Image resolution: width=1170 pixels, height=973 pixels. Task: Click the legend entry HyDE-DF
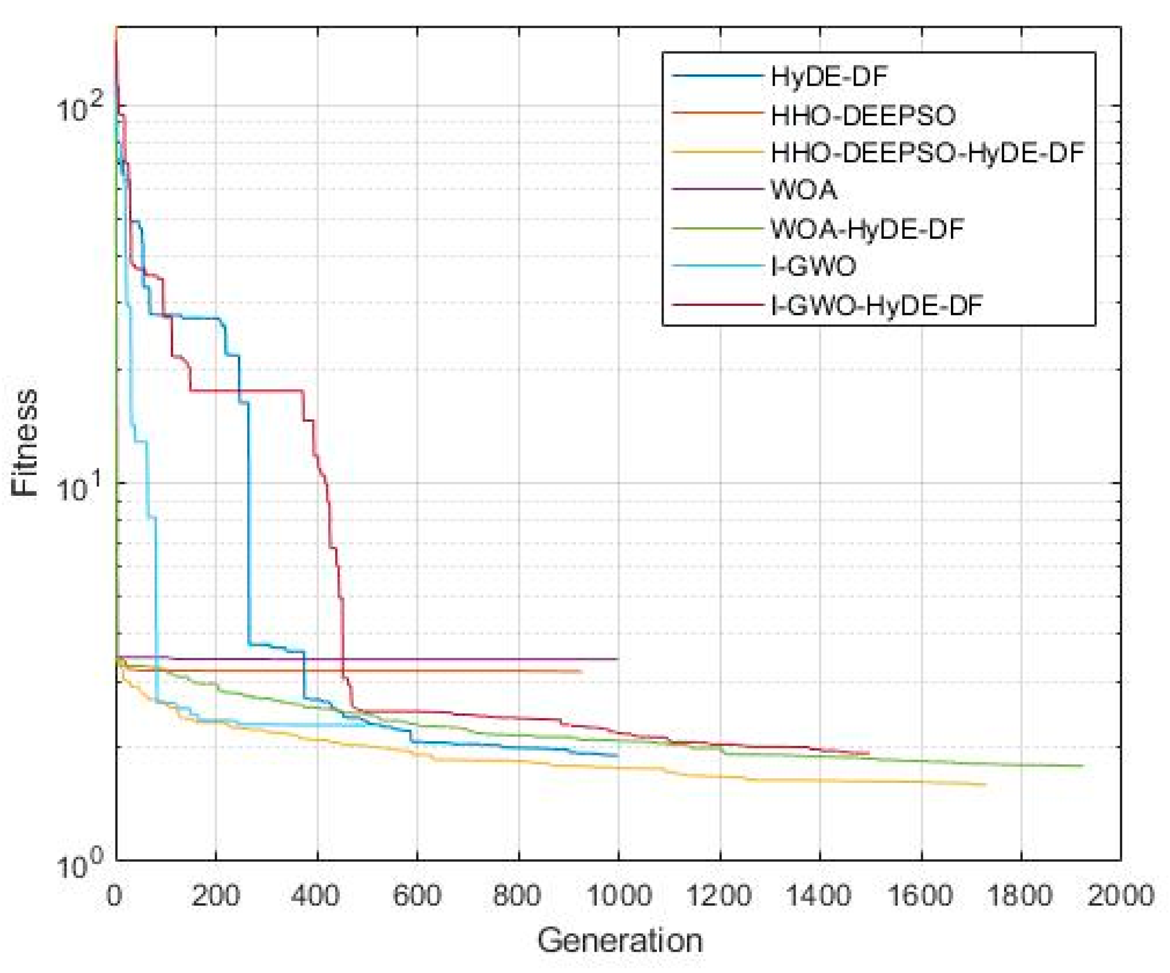(x=829, y=77)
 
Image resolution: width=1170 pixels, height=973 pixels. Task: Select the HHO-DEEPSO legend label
(x=863, y=115)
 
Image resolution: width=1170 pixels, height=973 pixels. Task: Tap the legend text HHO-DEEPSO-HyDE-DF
(x=927, y=153)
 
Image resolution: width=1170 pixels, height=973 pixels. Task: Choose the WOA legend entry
(x=804, y=190)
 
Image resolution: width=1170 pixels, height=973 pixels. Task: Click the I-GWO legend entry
(x=814, y=267)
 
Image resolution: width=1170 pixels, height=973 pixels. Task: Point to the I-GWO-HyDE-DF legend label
(x=877, y=305)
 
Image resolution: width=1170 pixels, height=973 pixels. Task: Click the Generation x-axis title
(x=619, y=941)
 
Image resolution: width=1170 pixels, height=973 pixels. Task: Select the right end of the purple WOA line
(x=618, y=659)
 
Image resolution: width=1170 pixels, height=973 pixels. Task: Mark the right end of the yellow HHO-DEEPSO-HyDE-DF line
(x=985, y=784)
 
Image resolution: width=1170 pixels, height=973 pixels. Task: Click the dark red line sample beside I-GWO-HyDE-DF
(x=716, y=305)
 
